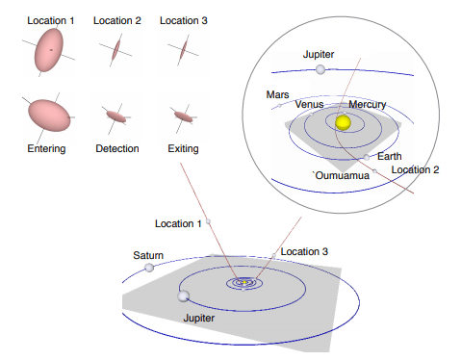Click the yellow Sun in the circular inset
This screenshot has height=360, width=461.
(x=342, y=121)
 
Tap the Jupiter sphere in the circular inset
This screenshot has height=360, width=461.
(x=320, y=69)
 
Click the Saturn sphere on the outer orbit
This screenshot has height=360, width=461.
(x=149, y=267)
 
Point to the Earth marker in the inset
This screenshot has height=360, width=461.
(x=367, y=156)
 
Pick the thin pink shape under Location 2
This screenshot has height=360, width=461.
(x=116, y=48)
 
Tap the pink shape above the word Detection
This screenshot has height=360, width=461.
(x=116, y=116)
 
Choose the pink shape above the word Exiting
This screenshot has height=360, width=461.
(x=183, y=116)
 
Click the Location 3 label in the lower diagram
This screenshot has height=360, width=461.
(x=304, y=251)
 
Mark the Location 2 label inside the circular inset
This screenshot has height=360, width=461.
(x=416, y=169)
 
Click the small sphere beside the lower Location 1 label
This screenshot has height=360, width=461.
(x=208, y=221)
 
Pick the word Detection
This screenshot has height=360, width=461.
(x=117, y=148)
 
